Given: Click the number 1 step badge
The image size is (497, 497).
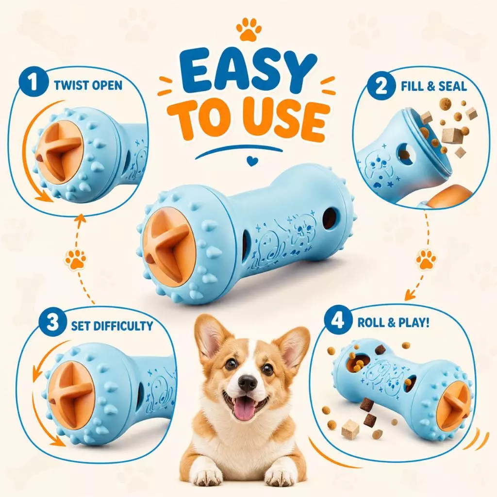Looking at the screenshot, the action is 33,83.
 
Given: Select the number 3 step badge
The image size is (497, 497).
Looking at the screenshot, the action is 52,323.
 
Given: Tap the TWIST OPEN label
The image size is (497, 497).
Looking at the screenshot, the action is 88,85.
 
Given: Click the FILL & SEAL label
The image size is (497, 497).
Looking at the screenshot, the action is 434,86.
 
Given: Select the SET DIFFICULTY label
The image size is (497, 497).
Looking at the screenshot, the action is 112,326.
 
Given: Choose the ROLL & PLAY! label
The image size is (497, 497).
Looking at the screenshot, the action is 394,323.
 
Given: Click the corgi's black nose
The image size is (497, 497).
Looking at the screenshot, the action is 248,383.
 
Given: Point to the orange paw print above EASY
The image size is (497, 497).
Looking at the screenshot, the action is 249,29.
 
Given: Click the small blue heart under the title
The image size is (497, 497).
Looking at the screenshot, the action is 252,162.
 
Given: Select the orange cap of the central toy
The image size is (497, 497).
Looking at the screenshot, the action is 168,247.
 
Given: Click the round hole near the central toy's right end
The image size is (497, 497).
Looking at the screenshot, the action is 330,218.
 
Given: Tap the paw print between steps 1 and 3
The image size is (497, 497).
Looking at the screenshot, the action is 76,259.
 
